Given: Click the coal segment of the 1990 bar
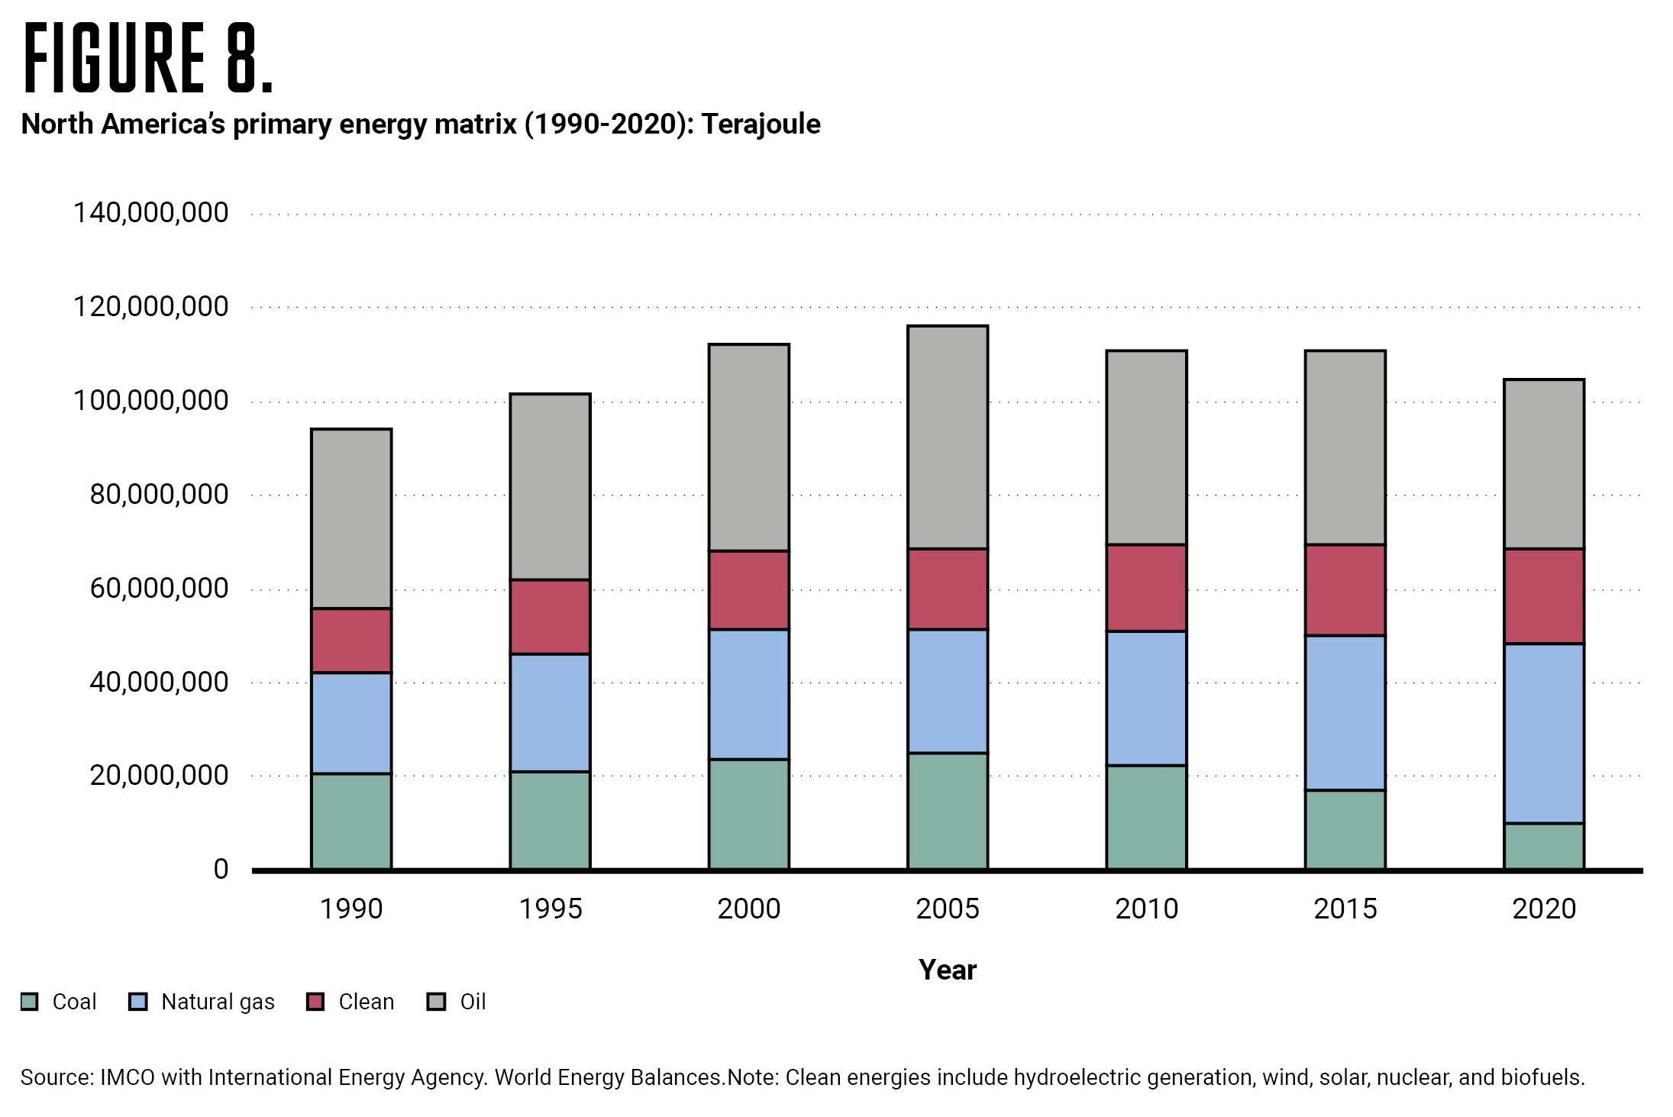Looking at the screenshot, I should (351, 821).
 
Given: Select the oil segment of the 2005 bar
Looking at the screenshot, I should (948, 437).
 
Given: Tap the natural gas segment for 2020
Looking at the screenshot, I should (1544, 733).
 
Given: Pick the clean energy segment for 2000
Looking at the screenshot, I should (749, 589).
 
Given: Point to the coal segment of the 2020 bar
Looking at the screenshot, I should (1544, 845).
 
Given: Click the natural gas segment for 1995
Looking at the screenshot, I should (550, 712).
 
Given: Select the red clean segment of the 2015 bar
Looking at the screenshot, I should (1345, 589).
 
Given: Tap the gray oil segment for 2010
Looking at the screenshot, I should (1147, 447).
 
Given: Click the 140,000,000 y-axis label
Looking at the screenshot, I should (150, 212).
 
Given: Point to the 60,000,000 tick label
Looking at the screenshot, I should (159, 588).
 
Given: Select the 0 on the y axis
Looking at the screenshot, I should (221, 869).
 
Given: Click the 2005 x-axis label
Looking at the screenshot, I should (948, 909).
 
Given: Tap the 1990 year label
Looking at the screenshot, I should (351, 909).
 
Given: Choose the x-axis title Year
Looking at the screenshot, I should (948, 970).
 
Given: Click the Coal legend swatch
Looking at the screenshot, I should (30, 1002).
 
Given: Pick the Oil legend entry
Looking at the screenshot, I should (472, 1002).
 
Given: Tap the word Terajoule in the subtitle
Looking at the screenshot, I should (761, 124).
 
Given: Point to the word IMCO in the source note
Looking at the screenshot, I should (128, 1077).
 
